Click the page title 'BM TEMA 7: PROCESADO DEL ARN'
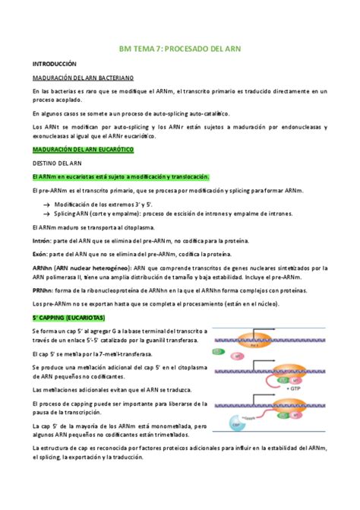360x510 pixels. [x=180, y=49]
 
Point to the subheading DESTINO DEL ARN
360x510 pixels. [x=58, y=163]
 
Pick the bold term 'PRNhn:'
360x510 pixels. [x=43, y=290]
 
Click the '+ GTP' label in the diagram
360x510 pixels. [x=295, y=388]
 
